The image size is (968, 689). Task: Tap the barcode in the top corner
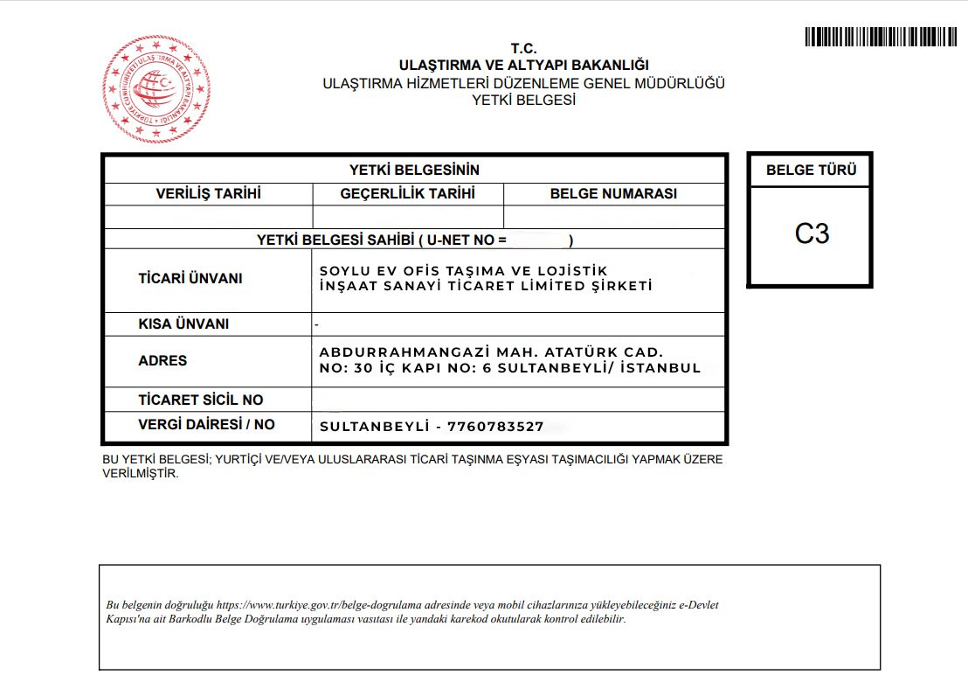(882, 37)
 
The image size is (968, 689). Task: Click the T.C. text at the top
(523, 49)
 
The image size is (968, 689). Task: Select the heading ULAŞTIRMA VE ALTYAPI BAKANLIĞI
(523, 66)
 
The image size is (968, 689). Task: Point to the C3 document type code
(812, 234)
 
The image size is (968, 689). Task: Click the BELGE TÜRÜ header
(811, 171)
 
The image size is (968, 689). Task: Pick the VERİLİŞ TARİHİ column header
(208, 194)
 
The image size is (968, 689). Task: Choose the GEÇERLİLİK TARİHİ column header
(407, 194)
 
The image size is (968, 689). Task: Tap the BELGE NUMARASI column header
(613, 194)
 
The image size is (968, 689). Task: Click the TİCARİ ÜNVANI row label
(190, 279)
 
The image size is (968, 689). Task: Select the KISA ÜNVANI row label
(183, 324)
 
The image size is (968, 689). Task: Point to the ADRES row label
(162, 360)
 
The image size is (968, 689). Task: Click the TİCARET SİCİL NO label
(201, 400)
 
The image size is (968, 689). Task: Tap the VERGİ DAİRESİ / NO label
(206, 424)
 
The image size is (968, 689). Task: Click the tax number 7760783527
(494, 427)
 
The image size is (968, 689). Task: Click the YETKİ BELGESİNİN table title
(414, 171)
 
